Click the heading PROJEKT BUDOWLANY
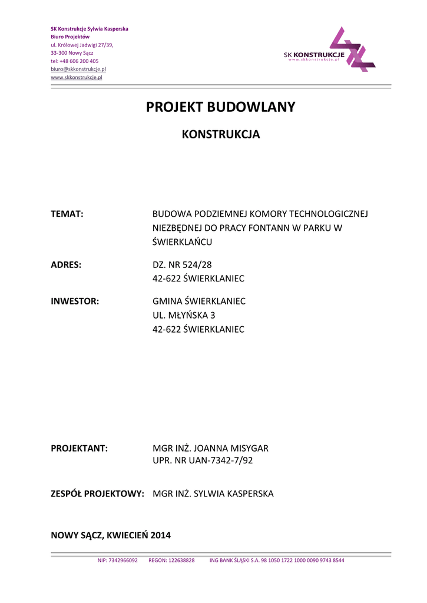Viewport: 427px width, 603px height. [x=220, y=107]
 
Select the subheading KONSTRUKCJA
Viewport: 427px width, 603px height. [x=220, y=134]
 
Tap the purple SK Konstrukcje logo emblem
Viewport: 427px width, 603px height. [x=352, y=49]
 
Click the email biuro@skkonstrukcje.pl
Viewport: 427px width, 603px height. [x=78, y=69]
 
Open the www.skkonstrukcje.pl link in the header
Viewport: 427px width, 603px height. [x=77, y=77]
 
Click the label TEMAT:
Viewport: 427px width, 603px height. [x=67, y=213]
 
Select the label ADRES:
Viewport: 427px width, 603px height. [x=66, y=264]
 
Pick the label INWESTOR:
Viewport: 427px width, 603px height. [x=75, y=301]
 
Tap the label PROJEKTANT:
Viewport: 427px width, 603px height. [x=80, y=448]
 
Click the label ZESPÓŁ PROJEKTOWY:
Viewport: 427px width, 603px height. [x=98, y=493]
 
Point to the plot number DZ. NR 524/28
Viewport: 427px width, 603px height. [x=182, y=264]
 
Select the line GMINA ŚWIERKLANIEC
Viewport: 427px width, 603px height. [x=199, y=301]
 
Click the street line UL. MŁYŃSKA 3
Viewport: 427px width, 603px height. [x=184, y=315]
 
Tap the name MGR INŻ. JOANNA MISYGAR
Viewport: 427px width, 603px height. [x=210, y=448]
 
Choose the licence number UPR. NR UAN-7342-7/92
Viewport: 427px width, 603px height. [x=203, y=460]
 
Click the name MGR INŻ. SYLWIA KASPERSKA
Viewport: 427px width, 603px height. [x=213, y=493]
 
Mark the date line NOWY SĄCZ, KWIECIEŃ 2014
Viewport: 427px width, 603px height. [x=111, y=535]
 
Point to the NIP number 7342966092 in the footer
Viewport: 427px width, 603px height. [x=118, y=561]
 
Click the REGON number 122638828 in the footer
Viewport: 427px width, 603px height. [x=171, y=561]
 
